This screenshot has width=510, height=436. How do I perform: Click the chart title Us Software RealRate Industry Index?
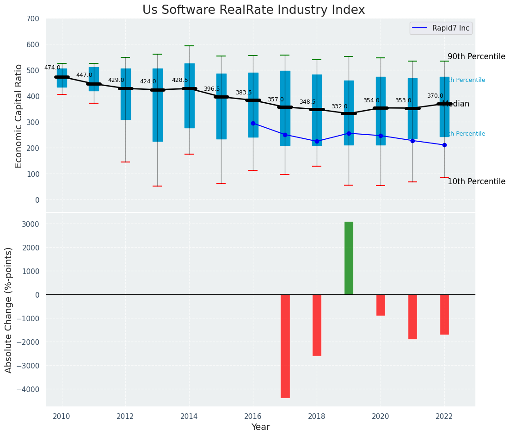click(x=253, y=10)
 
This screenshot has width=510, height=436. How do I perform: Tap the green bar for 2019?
click(x=349, y=258)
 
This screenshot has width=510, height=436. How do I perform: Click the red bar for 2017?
click(x=285, y=346)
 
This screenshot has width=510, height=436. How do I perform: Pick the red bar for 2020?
click(x=381, y=305)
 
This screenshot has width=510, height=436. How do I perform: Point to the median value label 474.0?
click(x=52, y=68)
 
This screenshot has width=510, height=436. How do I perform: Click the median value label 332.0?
click(x=339, y=106)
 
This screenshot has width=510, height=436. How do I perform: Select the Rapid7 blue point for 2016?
click(x=253, y=123)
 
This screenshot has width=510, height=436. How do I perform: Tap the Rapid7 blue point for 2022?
click(x=444, y=145)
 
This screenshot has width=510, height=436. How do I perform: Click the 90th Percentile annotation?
click(x=476, y=56)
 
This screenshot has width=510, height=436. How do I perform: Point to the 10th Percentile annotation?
click(x=476, y=181)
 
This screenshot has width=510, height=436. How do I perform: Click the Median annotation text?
click(x=455, y=104)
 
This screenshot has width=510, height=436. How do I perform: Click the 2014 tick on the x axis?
click(x=189, y=416)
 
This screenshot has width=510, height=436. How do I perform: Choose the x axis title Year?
click(x=261, y=427)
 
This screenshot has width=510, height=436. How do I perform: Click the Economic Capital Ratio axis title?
click(x=19, y=116)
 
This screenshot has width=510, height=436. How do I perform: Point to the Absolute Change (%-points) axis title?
click(x=9, y=310)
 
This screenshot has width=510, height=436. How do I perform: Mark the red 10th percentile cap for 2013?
click(x=157, y=186)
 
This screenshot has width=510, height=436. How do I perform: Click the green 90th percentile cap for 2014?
click(x=189, y=46)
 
